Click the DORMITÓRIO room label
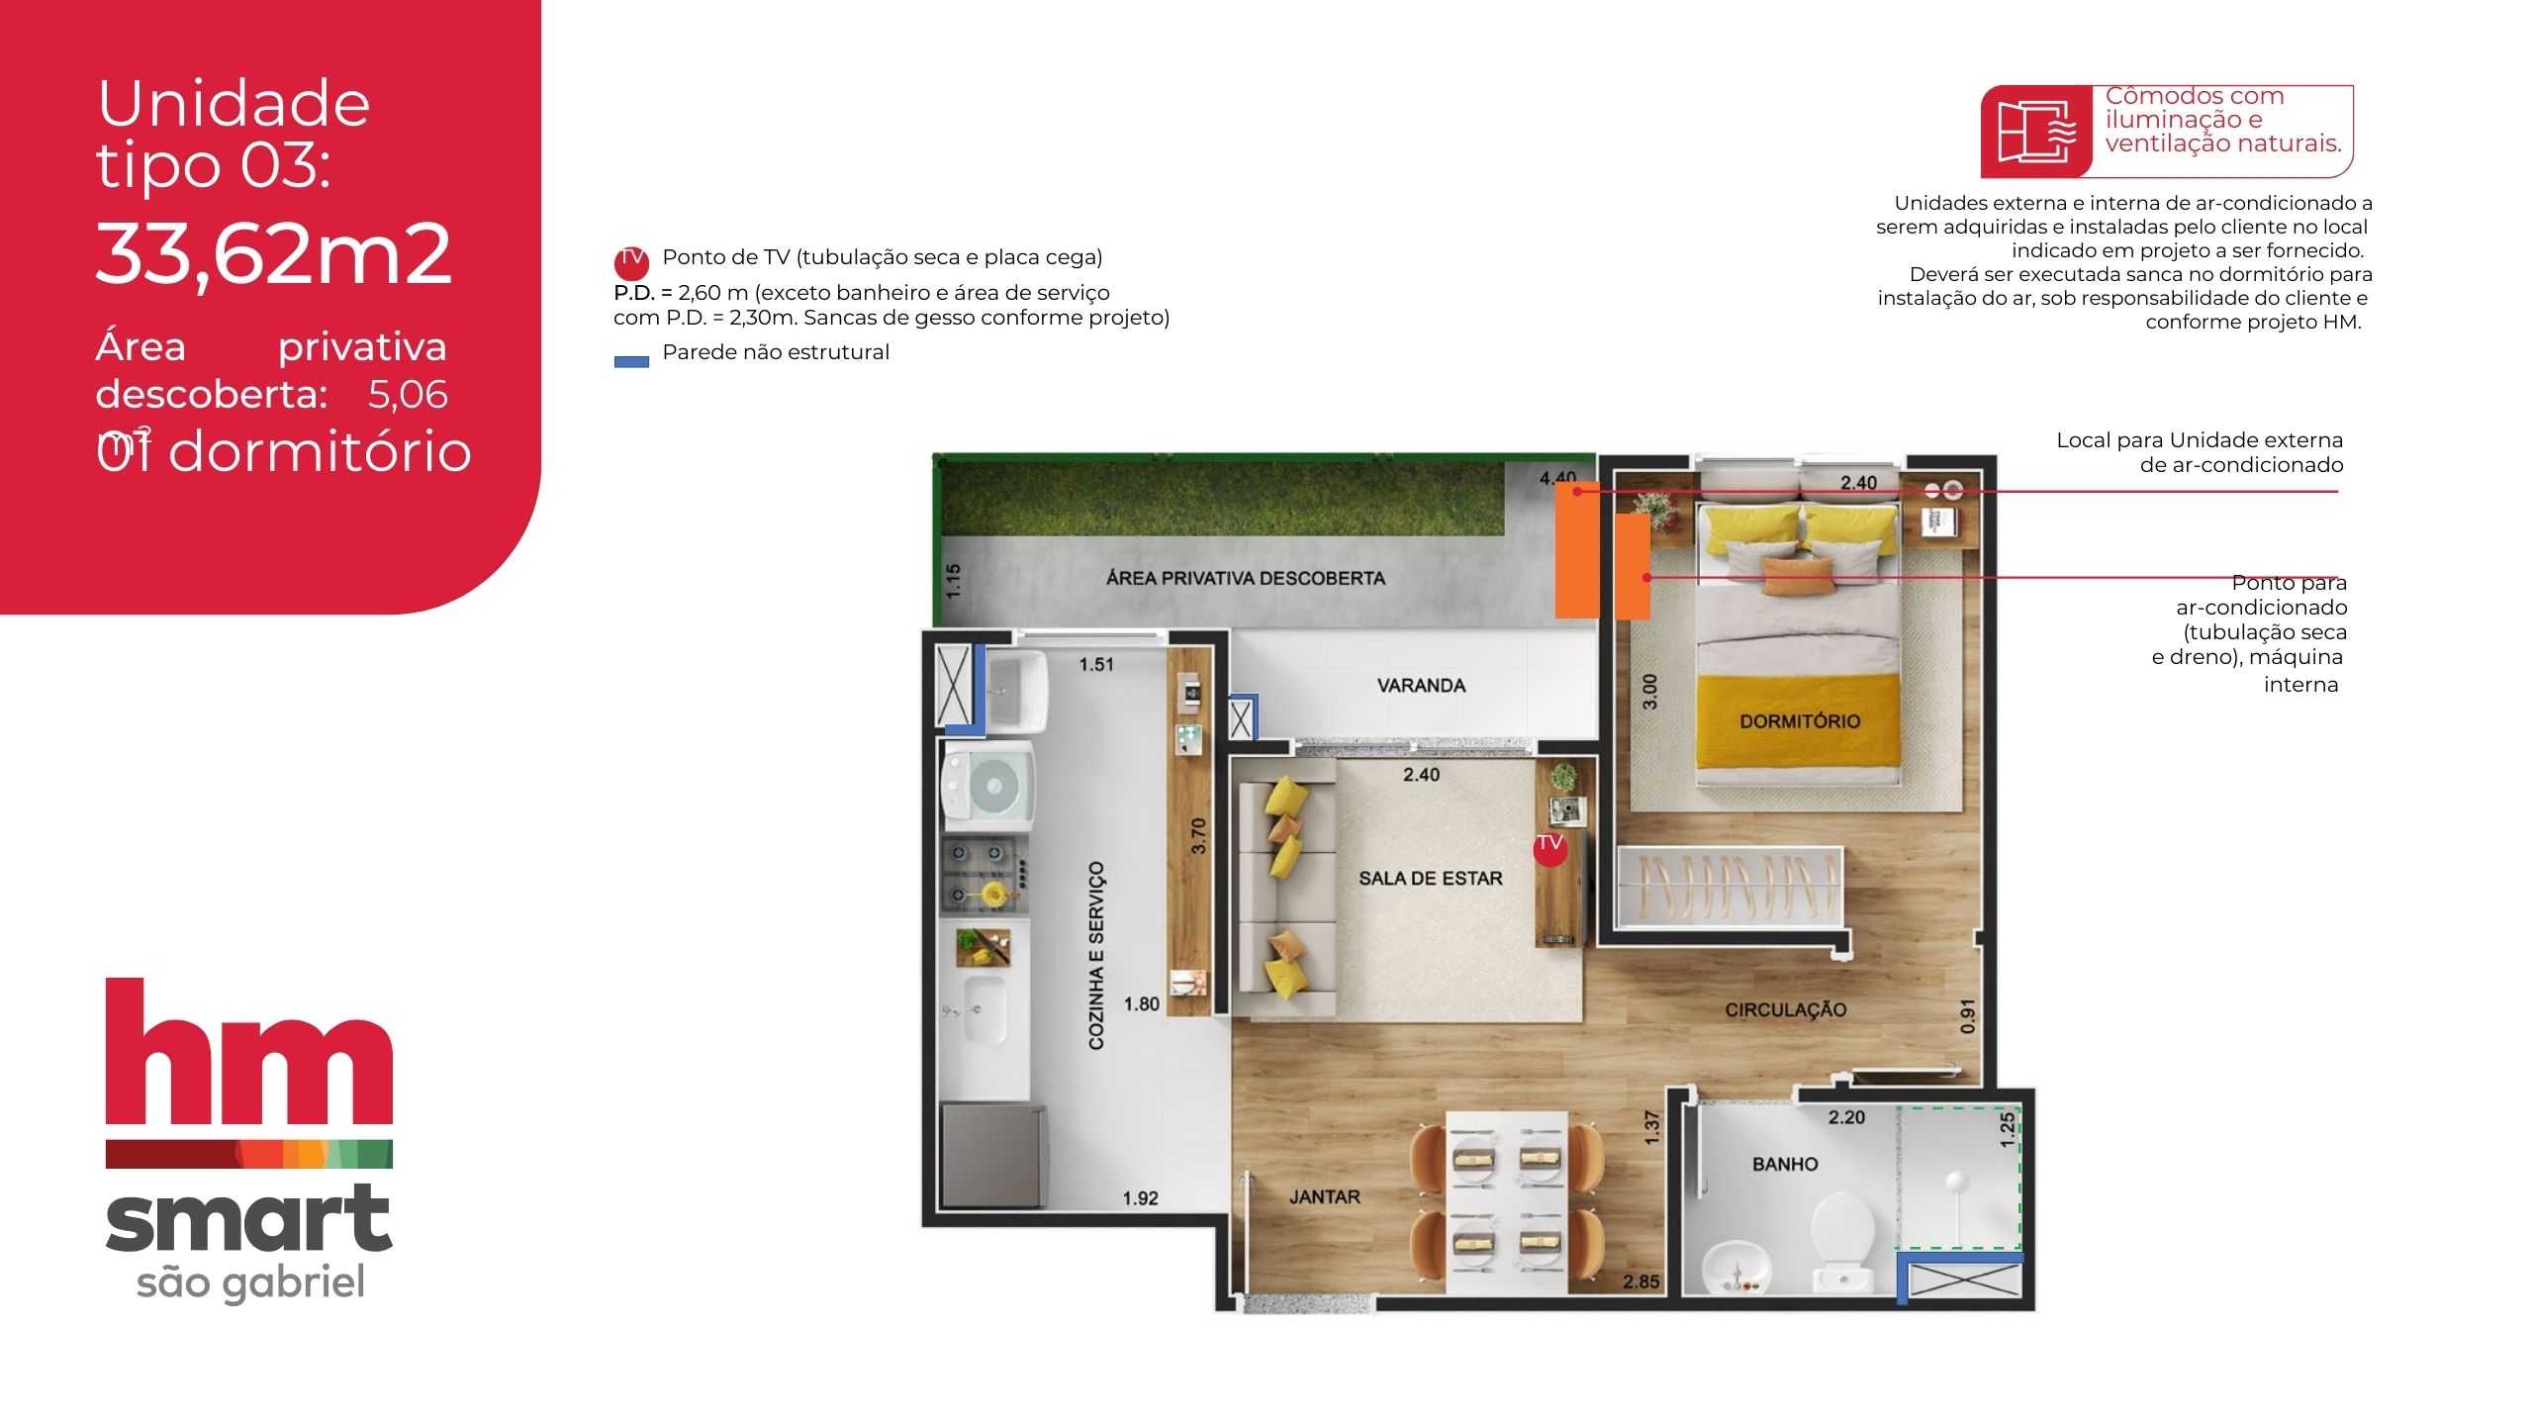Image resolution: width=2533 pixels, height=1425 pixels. (x=1800, y=721)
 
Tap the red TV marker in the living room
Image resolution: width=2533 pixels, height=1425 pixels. (x=1549, y=848)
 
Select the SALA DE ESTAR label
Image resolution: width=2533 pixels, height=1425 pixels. (x=1430, y=879)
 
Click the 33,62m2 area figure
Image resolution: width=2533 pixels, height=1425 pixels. (x=274, y=253)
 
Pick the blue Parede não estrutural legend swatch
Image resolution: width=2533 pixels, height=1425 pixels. (x=631, y=361)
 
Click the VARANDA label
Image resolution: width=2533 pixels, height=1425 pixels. (x=1421, y=686)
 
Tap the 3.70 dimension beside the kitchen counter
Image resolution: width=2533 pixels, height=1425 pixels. (x=1199, y=836)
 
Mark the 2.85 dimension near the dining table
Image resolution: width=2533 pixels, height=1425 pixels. (x=1642, y=1282)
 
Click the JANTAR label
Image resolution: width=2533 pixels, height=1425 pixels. (x=1324, y=1197)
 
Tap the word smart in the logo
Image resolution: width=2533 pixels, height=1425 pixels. (x=248, y=1219)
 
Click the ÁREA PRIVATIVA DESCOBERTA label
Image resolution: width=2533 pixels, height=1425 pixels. (x=1246, y=578)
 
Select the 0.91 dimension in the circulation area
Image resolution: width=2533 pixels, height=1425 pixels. (x=1967, y=1016)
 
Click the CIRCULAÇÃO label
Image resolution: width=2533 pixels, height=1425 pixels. (x=1785, y=1010)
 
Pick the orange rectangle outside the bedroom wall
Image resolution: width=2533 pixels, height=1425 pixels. (x=1576, y=551)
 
